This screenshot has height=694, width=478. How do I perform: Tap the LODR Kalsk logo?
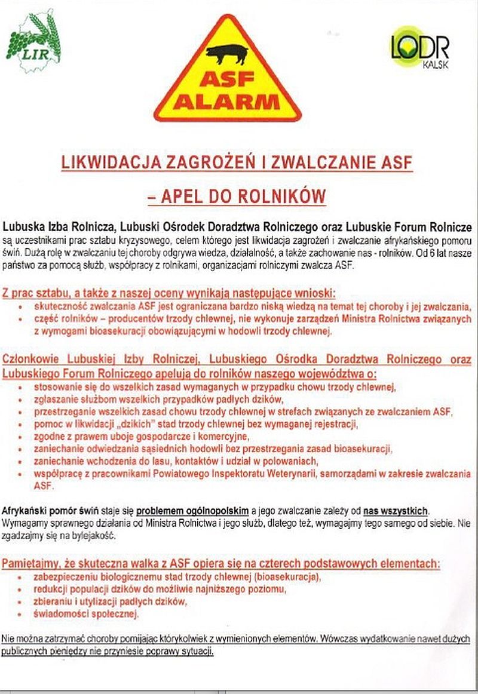click(x=419, y=47)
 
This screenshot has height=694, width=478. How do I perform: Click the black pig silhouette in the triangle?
click(x=227, y=53)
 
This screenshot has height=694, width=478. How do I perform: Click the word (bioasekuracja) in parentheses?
click(x=287, y=577)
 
